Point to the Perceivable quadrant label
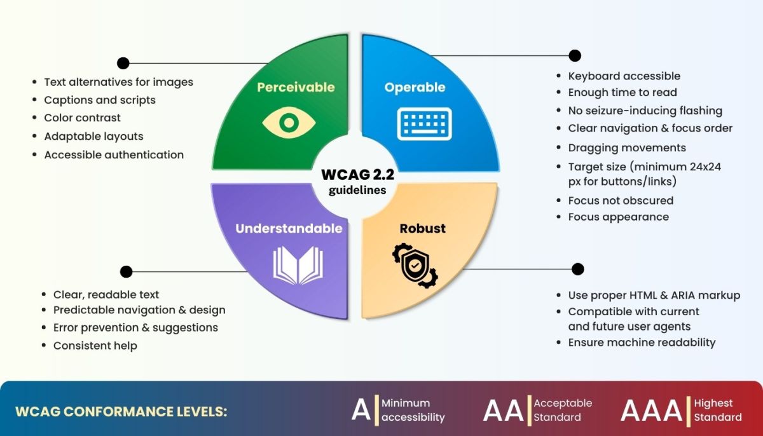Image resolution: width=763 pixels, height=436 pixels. (x=296, y=87)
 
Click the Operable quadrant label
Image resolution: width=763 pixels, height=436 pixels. (x=415, y=87)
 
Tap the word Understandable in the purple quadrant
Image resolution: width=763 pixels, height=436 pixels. (x=289, y=228)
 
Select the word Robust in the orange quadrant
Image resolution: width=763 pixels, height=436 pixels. (x=422, y=228)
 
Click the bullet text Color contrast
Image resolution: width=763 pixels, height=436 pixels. (x=82, y=118)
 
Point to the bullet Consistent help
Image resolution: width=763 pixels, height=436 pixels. (x=95, y=346)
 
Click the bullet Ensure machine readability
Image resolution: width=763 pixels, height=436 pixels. (x=642, y=343)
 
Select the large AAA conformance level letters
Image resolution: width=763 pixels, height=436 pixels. (x=651, y=411)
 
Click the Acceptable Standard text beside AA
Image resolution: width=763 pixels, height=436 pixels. (x=562, y=410)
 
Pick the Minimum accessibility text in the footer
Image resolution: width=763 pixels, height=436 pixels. (x=413, y=410)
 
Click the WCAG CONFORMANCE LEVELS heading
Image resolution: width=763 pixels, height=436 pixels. (x=121, y=411)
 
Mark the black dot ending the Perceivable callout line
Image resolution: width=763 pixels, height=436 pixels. (x=123, y=63)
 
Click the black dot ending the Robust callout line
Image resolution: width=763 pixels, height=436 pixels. (x=578, y=269)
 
